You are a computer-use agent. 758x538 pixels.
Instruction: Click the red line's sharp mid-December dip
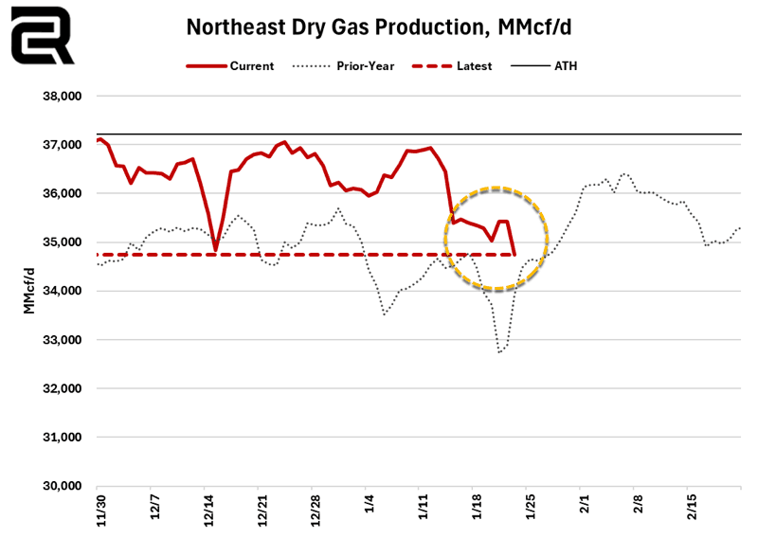[x=215, y=251]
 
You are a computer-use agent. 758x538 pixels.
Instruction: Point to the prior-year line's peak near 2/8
[x=623, y=173]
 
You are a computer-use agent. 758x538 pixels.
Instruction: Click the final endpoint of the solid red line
[x=514, y=253]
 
